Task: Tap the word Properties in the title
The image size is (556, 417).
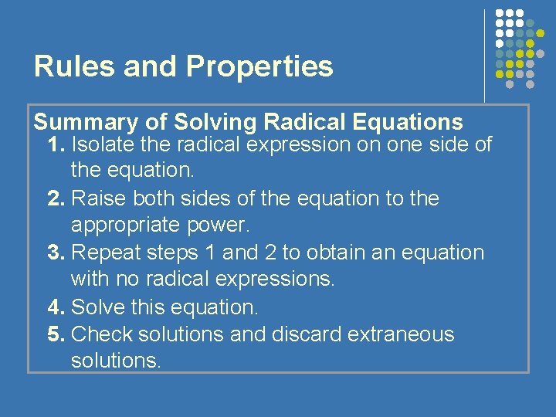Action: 260,68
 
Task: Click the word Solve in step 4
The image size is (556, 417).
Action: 95,307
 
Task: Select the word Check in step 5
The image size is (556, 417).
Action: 100,334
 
